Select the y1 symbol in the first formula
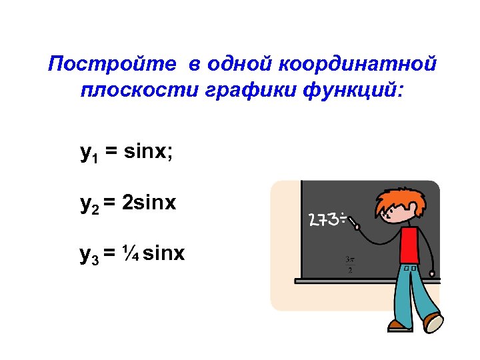(88, 154)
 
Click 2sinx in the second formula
(149, 203)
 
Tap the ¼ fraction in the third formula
(131, 253)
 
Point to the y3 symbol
(88, 254)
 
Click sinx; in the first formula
(149, 153)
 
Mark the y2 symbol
(88, 204)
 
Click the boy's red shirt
(409, 245)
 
